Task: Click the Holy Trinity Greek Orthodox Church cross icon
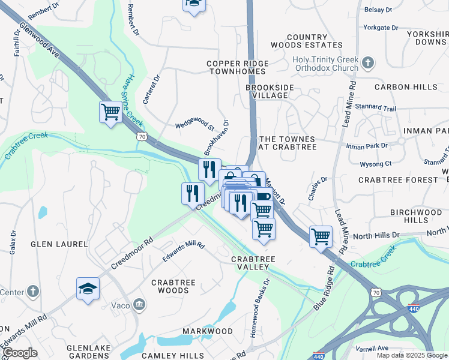(x=369, y=62)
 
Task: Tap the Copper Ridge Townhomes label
(x=238, y=67)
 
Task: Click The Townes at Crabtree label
(x=286, y=143)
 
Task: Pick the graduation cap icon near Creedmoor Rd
(x=88, y=288)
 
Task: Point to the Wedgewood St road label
(x=194, y=126)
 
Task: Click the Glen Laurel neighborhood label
(x=59, y=244)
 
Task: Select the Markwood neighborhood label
(x=207, y=331)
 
